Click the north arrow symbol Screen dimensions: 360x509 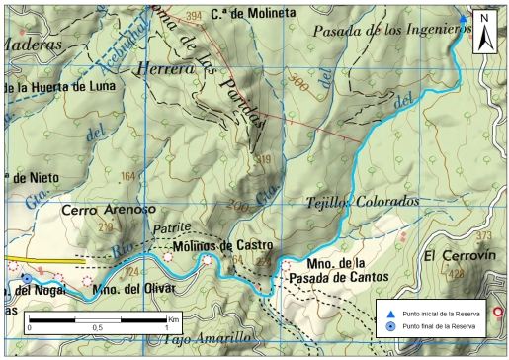click(485, 32)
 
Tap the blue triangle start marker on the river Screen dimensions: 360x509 click(464, 18)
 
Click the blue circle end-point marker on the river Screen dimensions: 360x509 click(25, 279)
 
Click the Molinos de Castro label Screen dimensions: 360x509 click(222, 244)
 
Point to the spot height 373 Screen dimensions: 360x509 click(483, 235)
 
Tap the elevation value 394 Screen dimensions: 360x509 click(193, 15)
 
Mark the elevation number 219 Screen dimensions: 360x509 click(107, 227)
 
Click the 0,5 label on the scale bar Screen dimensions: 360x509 click(97, 327)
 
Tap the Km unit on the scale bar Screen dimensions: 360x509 click(173, 319)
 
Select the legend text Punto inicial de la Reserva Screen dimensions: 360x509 click(439, 313)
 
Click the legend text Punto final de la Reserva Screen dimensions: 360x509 click(437, 326)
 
